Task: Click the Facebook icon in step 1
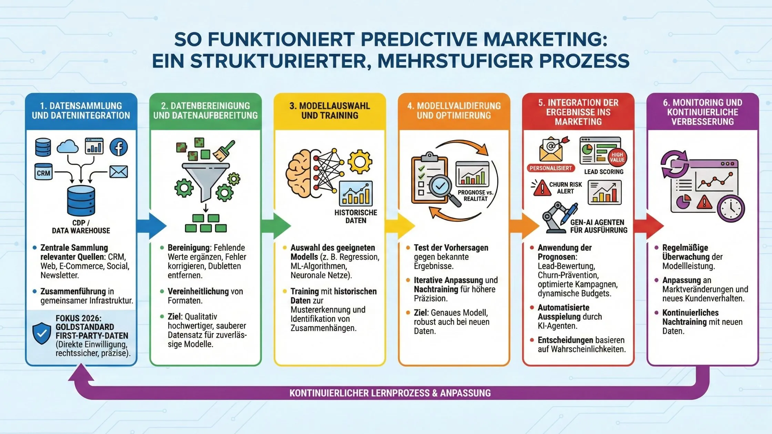[x=119, y=147]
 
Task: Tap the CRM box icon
[x=43, y=172]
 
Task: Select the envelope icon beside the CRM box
[x=119, y=172]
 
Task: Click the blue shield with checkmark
[x=42, y=333]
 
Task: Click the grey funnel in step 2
[x=205, y=181]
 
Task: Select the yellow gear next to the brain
[x=360, y=161]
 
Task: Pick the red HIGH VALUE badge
[x=617, y=157]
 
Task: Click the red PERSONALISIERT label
[x=551, y=168]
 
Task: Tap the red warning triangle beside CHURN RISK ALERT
[x=541, y=188]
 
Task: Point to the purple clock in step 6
[x=731, y=208]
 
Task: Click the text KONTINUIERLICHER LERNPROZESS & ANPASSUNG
[x=390, y=393]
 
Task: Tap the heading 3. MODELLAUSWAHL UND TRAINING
[x=329, y=111]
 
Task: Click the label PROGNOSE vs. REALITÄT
[x=475, y=195]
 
